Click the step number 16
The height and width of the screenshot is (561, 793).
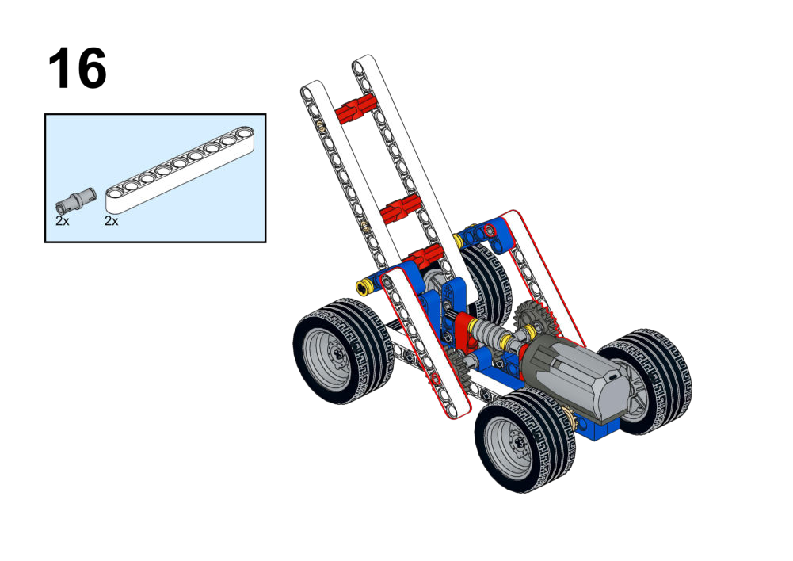point(78,68)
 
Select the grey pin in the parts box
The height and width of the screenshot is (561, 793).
point(76,200)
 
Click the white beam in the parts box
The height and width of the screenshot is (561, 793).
point(180,169)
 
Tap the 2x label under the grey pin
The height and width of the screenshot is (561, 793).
point(63,221)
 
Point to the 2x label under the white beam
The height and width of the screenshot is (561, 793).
point(111,221)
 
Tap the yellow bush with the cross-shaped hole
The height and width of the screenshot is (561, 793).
point(364,288)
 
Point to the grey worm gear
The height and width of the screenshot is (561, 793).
point(489,334)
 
